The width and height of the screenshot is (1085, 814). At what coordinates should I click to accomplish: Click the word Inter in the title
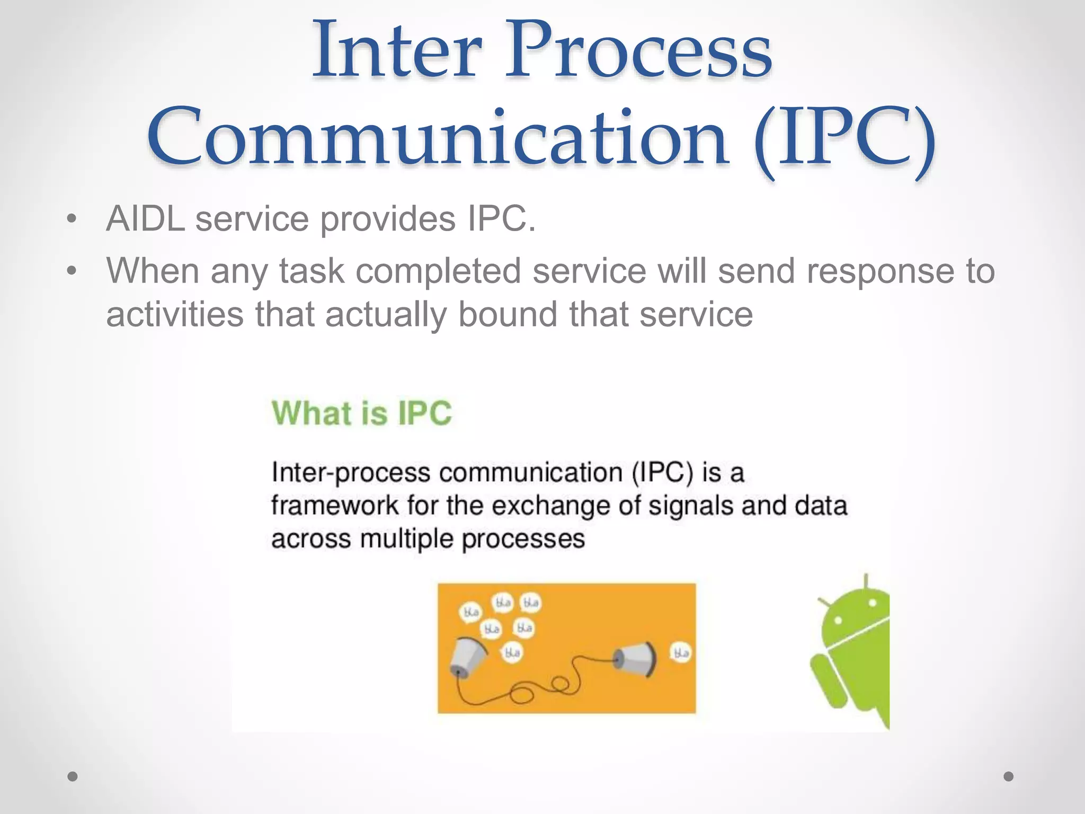[397, 50]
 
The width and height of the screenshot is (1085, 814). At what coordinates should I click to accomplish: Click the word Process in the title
[638, 50]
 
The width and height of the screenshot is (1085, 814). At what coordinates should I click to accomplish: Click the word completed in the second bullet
[438, 271]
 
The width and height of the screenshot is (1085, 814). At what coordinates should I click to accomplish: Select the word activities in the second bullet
[175, 314]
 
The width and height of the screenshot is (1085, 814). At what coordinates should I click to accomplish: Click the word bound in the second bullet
[508, 314]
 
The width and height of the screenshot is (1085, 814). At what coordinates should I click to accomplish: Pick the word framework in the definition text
[334, 506]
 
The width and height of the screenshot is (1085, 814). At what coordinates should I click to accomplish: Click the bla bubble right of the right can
[681, 652]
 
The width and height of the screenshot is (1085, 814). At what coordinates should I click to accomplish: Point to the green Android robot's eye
[871, 604]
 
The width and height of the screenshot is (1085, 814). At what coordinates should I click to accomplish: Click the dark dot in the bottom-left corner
[73, 776]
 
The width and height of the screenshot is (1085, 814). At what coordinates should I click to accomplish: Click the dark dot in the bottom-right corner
[1009, 776]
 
